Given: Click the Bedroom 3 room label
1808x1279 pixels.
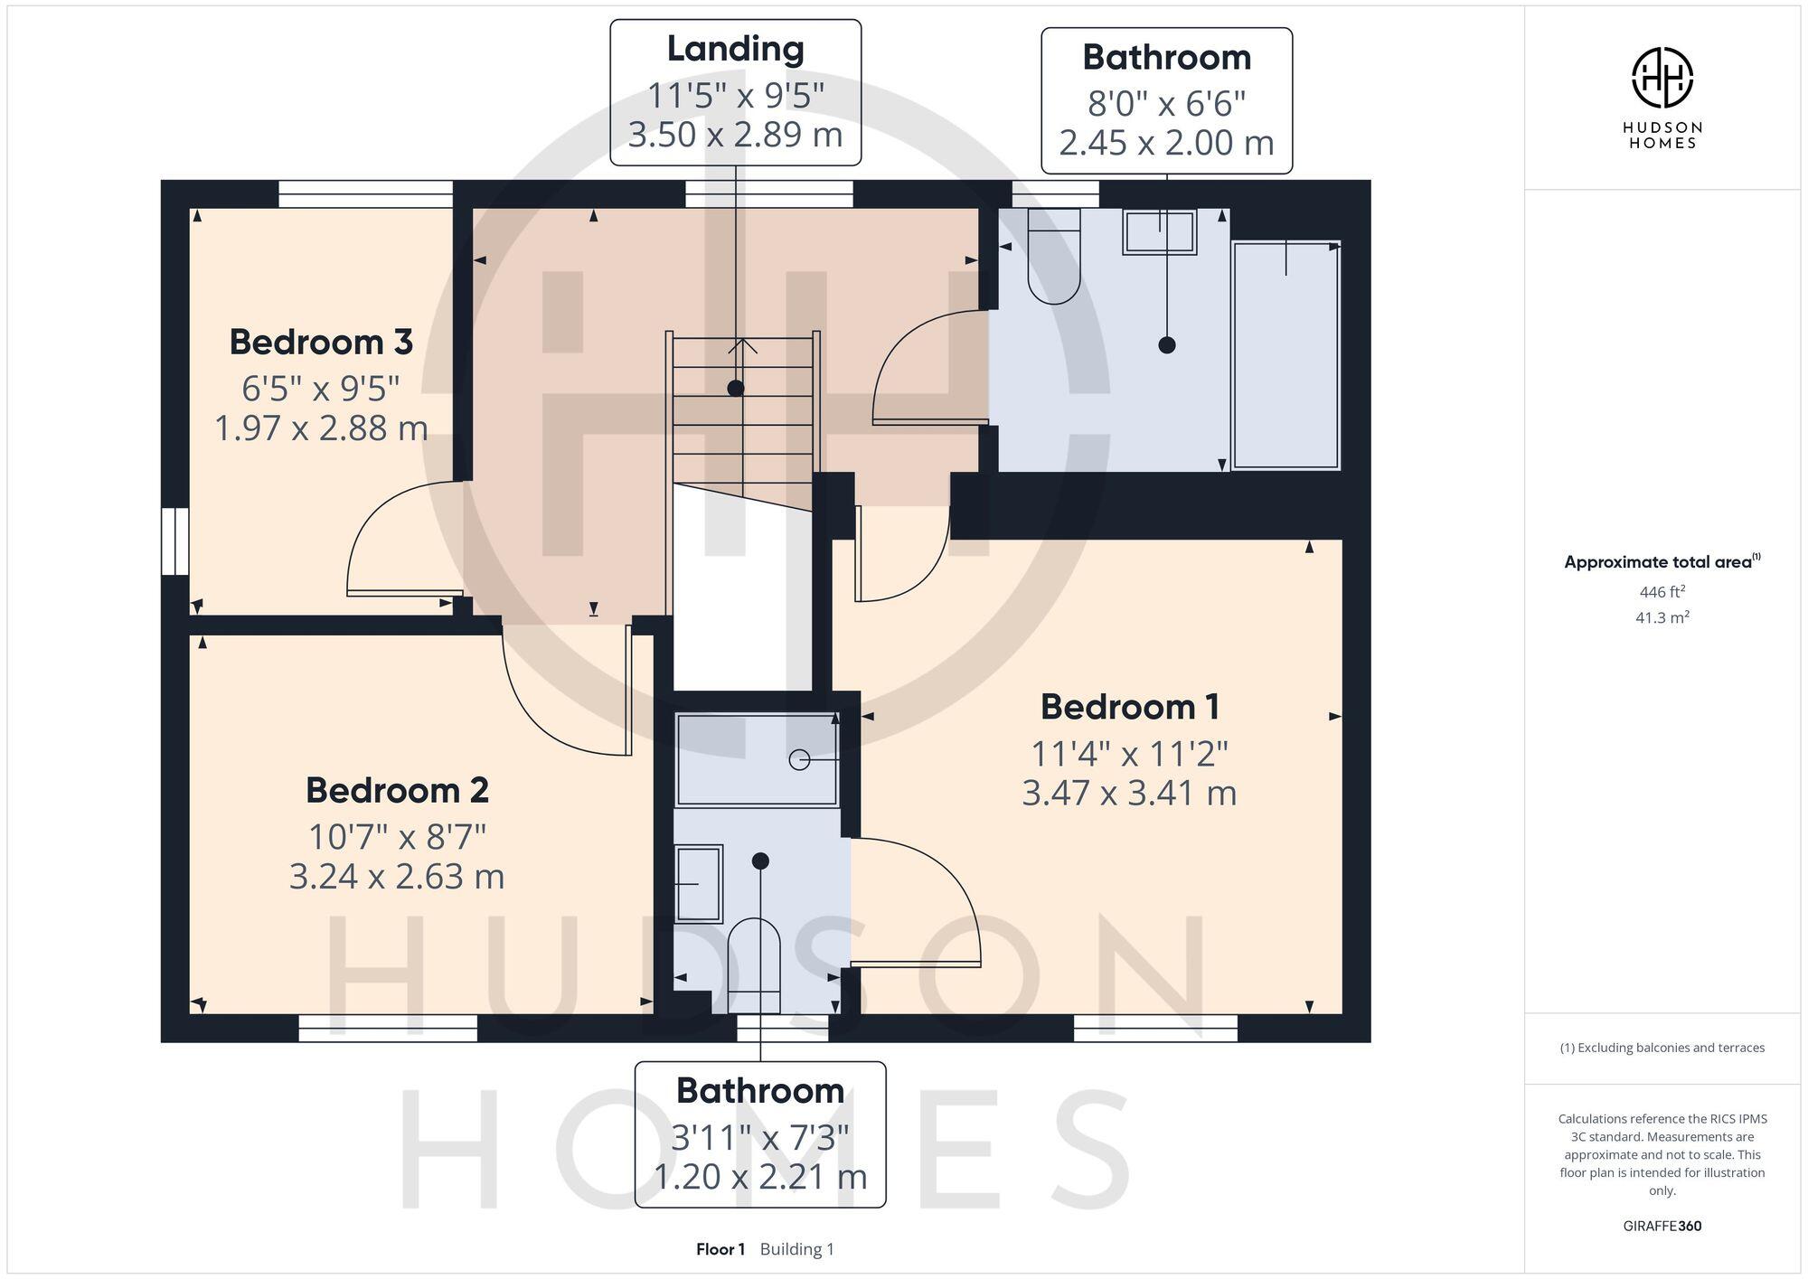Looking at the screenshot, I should pos(321,343).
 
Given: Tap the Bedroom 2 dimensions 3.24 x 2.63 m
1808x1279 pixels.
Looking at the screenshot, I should pos(397,877).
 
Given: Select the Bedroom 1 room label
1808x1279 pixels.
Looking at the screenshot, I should pos(1129,707).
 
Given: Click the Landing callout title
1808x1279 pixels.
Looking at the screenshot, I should pos(735,49).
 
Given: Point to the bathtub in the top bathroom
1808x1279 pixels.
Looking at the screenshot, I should pos(1285,355).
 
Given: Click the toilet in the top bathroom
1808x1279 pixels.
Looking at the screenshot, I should pos(1054,256).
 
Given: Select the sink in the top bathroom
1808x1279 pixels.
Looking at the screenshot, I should pos(1160,232).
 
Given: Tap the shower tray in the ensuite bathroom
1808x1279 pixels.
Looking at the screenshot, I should pos(758,759).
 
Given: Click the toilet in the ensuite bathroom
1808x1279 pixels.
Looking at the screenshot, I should pos(754,963).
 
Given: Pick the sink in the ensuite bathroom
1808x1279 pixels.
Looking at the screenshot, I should pos(699,883).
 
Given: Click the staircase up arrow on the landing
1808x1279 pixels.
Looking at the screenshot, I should pos(743,345).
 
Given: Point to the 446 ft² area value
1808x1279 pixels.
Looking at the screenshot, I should pos(1662,592).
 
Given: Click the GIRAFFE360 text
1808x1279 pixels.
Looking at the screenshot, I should pos(1662,1227).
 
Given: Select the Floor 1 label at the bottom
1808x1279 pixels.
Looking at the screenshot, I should pos(720,1249).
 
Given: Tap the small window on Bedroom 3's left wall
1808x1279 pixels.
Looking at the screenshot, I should pos(175,541).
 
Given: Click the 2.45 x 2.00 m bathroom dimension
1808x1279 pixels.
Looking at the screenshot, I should pos(1166,143).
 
